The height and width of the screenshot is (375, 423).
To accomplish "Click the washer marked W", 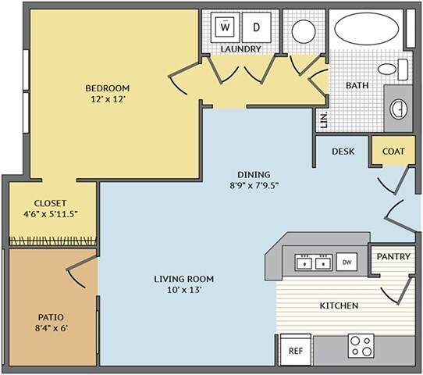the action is [225, 27].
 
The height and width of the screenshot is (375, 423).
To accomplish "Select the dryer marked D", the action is [256, 27].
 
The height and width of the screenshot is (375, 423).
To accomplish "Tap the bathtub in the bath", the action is [367, 29].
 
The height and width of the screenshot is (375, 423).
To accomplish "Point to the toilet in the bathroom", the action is [393, 70].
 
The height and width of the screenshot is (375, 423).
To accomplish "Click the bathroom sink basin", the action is [399, 109].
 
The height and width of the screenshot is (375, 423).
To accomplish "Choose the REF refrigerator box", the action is [296, 350].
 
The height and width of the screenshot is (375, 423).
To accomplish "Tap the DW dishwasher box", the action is [347, 262].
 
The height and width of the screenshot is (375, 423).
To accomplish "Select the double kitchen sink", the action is [313, 262].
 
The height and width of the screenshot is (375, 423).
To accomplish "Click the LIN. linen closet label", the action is [324, 120].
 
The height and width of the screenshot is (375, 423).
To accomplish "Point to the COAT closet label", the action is [393, 152].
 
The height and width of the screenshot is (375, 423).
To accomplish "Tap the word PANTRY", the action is [393, 256].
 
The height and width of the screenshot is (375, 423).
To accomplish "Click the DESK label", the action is [343, 152].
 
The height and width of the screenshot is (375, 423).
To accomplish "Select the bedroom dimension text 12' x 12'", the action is [108, 99].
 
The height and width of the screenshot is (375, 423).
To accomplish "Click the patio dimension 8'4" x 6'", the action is [51, 328].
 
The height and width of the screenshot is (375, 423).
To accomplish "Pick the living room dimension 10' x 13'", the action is [184, 290].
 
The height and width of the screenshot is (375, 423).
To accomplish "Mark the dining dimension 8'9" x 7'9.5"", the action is [254, 186].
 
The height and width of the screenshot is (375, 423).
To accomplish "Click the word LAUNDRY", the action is [241, 49].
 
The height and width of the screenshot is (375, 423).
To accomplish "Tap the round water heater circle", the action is [304, 31].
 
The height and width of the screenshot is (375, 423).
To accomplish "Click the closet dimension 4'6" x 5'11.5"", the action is [51, 214].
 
